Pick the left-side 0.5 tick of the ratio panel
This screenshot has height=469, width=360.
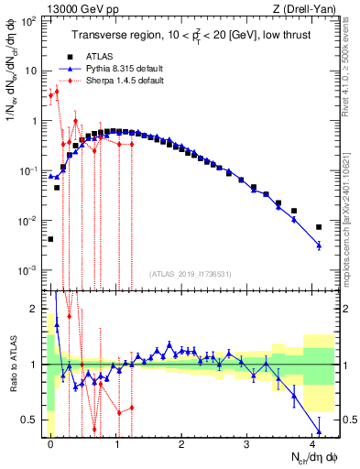(x=30, y=420)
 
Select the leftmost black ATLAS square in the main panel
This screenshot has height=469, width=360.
(x=50, y=239)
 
